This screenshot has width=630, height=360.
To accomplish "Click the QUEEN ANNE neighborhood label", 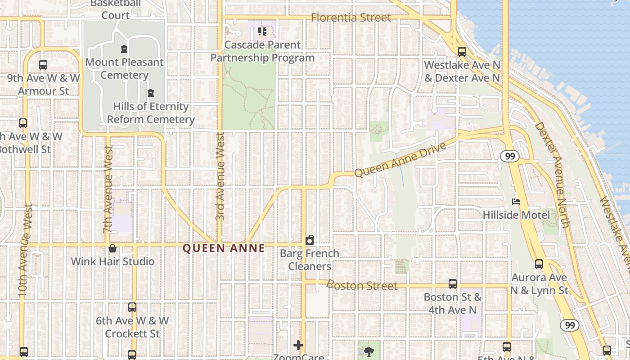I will (224, 248).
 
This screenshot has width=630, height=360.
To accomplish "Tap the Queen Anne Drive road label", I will (400, 160).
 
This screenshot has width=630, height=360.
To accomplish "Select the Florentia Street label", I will (351, 18).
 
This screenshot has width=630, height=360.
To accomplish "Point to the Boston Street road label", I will (362, 285).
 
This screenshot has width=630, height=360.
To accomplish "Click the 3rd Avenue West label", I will (220, 176).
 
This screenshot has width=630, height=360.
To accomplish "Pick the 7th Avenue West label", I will (108, 189).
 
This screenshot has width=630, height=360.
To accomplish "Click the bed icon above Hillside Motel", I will (516, 202).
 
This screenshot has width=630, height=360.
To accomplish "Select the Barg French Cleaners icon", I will (310, 241).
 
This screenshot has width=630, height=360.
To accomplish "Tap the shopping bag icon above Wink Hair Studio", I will (112, 248).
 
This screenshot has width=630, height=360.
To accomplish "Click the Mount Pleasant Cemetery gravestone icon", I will (124, 49).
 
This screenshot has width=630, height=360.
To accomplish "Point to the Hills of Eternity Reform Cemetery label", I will (151, 113).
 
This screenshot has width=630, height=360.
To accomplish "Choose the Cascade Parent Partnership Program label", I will (262, 51).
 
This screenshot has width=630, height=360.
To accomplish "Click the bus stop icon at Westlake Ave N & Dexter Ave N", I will (462, 52).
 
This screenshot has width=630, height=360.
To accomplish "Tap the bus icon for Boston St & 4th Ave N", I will (453, 284).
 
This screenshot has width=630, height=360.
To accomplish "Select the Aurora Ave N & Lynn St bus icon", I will (539, 264).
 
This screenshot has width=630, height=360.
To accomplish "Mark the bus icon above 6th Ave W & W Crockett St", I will (132, 307).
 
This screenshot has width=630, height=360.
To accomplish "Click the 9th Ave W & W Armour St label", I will (44, 84).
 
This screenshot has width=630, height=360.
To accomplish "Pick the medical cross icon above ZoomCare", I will (298, 345).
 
